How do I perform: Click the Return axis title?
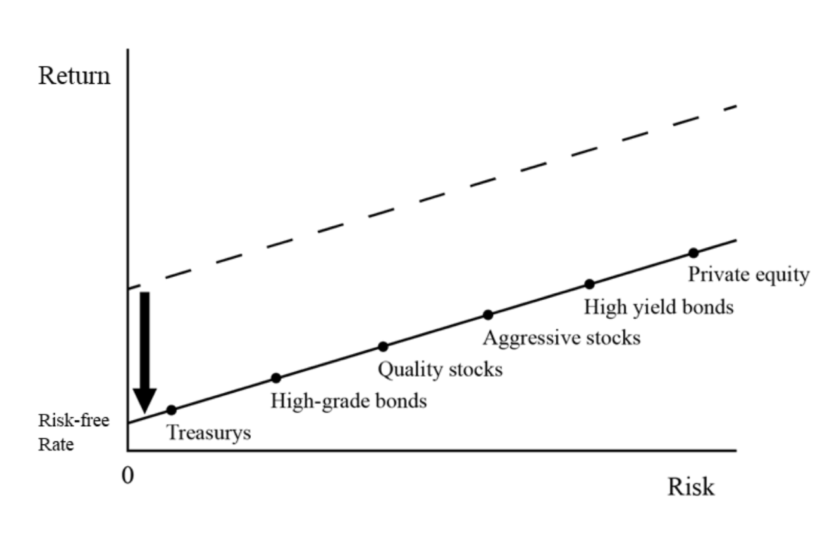74,76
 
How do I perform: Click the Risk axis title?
691,487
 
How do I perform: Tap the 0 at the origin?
127,476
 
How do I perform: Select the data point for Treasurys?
171,410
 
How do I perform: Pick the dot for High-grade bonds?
276,378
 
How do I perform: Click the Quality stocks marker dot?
383,347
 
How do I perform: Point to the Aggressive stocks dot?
488,315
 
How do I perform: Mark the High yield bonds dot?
590,285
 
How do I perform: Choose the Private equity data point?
693,253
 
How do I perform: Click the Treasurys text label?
209,433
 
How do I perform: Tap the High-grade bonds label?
349,402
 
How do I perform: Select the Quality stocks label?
441,370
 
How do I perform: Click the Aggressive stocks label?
562,339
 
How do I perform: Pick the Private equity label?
749,275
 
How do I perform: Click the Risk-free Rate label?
74,433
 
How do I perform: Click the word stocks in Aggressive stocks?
613,338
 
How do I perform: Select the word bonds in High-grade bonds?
401,401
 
